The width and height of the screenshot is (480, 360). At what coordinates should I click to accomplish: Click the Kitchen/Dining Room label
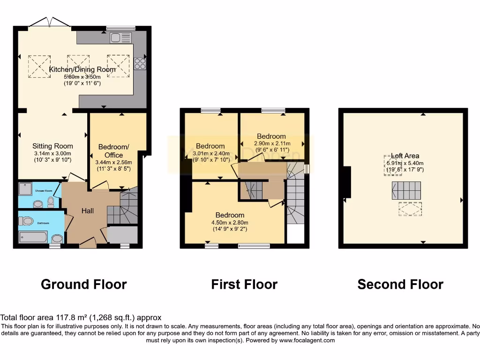click(x=82, y=70)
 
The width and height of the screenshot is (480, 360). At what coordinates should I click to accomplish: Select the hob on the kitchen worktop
click(x=140, y=63)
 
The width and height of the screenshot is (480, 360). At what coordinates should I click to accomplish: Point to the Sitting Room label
click(x=52, y=146)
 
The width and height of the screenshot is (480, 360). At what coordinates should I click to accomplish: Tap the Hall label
click(x=87, y=211)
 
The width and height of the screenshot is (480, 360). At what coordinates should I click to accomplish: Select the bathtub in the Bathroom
click(x=33, y=237)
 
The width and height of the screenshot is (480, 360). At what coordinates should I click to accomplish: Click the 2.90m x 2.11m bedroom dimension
click(x=272, y=143)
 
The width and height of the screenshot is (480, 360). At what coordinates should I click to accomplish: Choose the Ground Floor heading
click(x=84, y=284)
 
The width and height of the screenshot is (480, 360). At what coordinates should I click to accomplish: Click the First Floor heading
click(x=244, y=284)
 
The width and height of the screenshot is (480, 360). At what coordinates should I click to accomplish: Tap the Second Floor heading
click(x=400, y=284)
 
